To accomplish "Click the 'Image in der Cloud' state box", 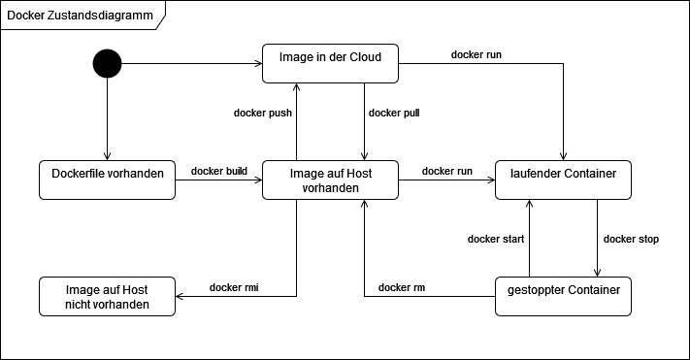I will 330,64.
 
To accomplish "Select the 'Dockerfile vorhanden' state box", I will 107,180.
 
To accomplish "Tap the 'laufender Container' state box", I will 563,180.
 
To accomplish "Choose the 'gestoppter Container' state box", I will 563,297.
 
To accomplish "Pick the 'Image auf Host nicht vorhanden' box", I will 107,297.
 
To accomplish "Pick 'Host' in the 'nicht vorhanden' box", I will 134,290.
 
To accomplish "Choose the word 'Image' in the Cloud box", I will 296,57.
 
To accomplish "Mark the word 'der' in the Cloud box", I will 336,57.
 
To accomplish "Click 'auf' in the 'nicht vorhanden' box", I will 110,290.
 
